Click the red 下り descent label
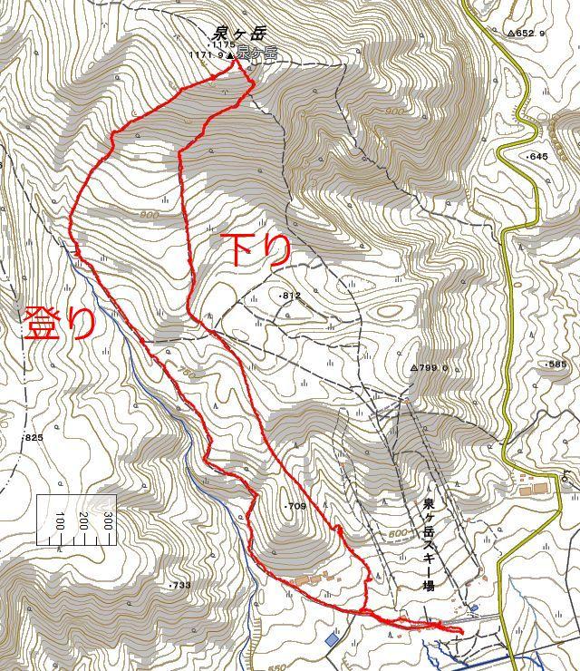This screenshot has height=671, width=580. (256, 248)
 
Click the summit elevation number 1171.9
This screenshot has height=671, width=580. (207, 54)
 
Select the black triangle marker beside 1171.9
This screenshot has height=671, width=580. (230, 55)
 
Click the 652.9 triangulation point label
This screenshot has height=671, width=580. (528, 34)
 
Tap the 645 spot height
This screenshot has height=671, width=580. (538, 157)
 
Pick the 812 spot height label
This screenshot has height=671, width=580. (290, 296)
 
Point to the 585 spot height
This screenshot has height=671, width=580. (556, 365)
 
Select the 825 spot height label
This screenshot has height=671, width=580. (34, 438)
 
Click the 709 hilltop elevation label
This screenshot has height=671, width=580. (296, 506)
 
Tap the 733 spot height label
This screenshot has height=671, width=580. (180, 585)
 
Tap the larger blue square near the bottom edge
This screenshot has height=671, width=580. (332, 639)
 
